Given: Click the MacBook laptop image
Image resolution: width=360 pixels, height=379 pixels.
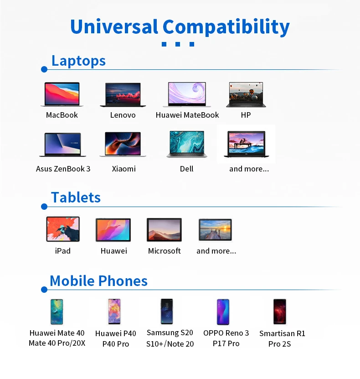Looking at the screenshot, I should click(62, 95).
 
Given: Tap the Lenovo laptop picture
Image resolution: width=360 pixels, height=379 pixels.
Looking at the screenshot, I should click(123, 95).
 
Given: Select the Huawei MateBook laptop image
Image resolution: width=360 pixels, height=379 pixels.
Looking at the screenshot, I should click(187, 95).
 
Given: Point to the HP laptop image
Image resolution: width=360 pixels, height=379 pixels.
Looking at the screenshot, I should click(246, 95).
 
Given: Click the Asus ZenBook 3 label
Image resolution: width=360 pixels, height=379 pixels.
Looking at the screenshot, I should click(63, 169).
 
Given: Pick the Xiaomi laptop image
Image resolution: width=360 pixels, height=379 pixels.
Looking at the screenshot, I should click(123, 145).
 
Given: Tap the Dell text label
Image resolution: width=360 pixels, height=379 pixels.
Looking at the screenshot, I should click(187, 169).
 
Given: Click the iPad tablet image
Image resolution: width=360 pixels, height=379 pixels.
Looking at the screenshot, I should click(63, 229).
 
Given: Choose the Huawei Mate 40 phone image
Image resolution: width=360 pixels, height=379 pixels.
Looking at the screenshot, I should click(57, 312).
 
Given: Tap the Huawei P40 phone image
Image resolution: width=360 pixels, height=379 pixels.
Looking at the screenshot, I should click(114, 312).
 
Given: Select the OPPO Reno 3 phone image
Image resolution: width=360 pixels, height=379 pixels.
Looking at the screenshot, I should click(223, 312).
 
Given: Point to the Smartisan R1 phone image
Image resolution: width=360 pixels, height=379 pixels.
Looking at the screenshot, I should click(279, 312).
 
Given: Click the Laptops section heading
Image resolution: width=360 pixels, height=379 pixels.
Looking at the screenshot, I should click(78, 61).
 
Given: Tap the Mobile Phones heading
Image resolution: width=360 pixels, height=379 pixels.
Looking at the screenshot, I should click(98, 281).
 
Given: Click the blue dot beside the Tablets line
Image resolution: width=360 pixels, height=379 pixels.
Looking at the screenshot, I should click(44, 207).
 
